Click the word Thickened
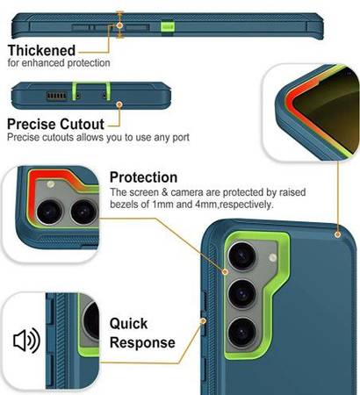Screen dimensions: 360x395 click(41, 50)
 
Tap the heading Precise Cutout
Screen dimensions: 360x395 click(55, 125)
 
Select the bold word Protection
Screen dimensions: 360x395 click(143, 177)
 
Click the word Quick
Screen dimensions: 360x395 click(128, 324)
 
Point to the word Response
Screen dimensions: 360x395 click(142, 343)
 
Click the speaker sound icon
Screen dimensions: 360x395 click(26, 341)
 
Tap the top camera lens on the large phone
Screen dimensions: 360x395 click(242, 256)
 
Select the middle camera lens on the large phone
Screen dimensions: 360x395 click(242, 294)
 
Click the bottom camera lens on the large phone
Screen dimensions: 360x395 click(242, 333)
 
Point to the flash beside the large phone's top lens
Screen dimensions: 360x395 click(272, 258)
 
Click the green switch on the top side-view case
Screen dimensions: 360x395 click(168, 27)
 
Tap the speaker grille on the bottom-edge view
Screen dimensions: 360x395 click(57, 96)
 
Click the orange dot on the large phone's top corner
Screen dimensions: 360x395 click(338, 234)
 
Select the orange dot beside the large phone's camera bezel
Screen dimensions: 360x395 click(225, 272)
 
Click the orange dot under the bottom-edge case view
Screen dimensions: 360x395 click(119, 104)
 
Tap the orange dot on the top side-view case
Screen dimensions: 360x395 click(119, 25)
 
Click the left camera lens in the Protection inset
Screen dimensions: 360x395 click(49, 212)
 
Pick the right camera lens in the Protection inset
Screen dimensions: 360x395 click(84, 212)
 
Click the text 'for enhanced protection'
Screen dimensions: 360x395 click(59, 63)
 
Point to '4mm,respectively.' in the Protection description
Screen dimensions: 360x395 click(234, 205)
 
